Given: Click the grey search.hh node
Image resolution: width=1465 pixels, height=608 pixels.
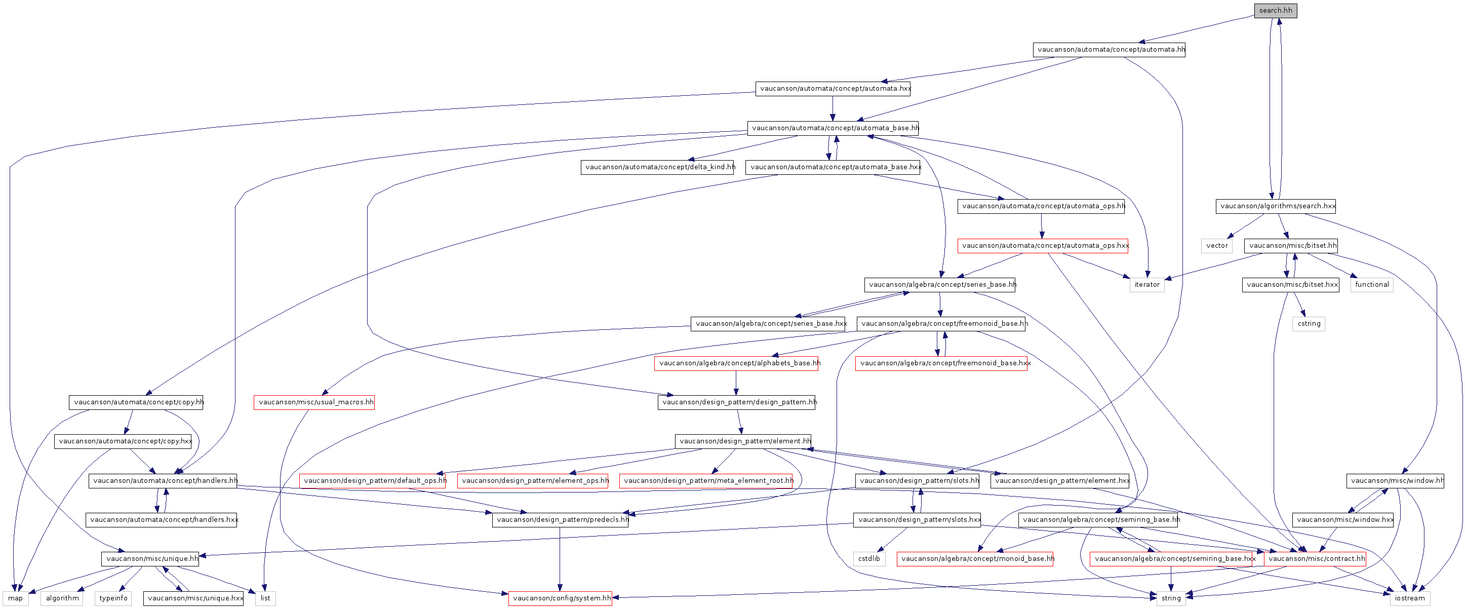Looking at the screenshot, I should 1275,10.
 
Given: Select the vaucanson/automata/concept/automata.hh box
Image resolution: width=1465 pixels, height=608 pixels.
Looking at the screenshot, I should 1108,50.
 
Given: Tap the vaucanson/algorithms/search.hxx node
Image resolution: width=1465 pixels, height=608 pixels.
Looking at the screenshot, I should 1275,206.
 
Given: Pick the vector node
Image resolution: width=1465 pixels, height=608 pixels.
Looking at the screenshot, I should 1216,246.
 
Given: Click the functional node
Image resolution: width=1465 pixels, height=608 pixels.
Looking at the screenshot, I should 1371,284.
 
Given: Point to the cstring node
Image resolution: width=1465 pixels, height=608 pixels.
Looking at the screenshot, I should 1309,324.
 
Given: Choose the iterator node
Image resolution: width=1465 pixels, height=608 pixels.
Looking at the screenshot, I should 1146,284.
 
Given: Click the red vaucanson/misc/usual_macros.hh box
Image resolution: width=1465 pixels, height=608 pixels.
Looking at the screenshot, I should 314,402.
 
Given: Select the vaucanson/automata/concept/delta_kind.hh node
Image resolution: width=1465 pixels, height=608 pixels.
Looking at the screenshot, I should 657,167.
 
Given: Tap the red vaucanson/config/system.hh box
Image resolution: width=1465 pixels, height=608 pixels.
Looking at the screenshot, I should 560,598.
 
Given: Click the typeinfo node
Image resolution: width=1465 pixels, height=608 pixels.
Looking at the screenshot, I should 113,598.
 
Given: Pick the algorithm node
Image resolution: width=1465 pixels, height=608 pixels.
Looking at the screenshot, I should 62,598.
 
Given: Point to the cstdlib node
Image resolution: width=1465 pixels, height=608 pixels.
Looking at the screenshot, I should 868,558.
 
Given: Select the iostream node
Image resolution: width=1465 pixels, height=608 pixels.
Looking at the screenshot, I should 1409,598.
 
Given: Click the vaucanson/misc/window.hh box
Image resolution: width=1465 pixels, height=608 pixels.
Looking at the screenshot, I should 1395,481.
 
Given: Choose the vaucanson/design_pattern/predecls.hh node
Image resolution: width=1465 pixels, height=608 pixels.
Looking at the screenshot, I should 560,519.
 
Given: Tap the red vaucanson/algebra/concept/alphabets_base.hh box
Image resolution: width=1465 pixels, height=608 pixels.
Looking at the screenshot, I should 736,363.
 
